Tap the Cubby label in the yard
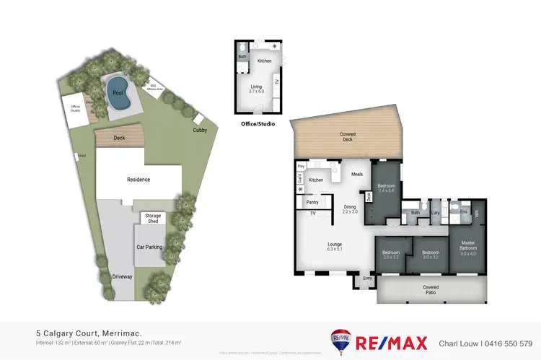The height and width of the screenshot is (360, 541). [x=199, y=131]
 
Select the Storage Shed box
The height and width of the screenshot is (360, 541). [x=153, y=217]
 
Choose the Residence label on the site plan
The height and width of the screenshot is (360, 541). [x=138, y=179]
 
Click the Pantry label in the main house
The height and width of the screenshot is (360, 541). [x=313, y=203]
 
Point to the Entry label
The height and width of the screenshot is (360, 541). [x=367, y=278]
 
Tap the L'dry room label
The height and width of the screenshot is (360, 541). [x=435, y=212]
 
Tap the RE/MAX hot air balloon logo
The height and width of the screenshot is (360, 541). [x=340, y=341]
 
